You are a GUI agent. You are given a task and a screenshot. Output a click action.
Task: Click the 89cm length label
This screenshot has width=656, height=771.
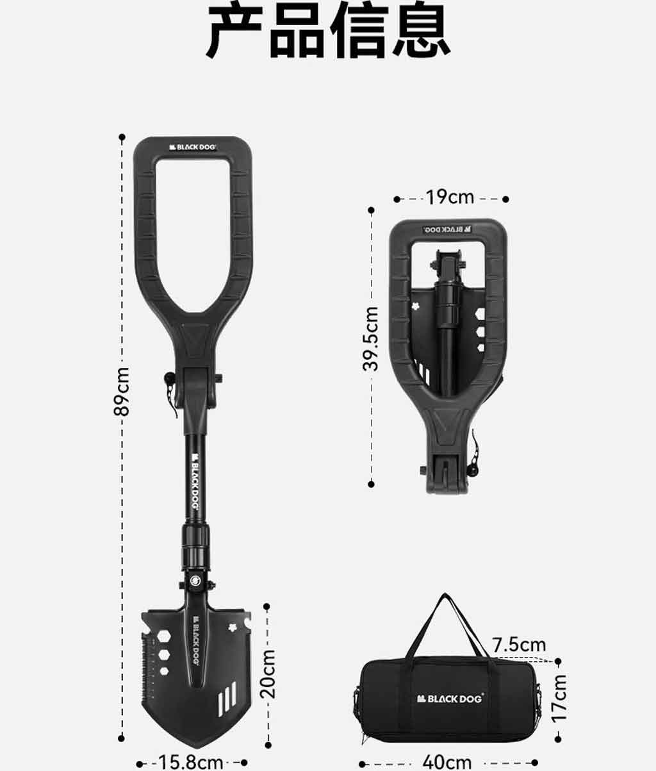click(122, 392)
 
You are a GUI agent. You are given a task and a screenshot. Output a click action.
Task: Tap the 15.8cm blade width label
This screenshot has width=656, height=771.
click(190, 762)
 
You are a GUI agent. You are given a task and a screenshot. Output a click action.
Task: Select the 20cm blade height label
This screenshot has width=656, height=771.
click(268, 674)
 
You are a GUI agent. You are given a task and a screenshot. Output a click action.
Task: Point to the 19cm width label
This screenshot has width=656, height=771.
click(450, 197)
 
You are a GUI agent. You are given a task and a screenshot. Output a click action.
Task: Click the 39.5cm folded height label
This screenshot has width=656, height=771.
click(370, 338)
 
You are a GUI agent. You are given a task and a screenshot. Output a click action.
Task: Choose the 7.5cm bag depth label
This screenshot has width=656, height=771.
click(519, 645)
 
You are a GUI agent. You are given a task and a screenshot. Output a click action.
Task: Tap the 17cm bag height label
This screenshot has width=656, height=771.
click(559, 699)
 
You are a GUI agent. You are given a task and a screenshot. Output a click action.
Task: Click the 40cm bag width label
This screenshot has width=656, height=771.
click(447, 761)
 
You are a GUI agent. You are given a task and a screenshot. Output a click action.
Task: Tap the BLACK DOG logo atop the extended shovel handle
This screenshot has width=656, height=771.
click(192, 147)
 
